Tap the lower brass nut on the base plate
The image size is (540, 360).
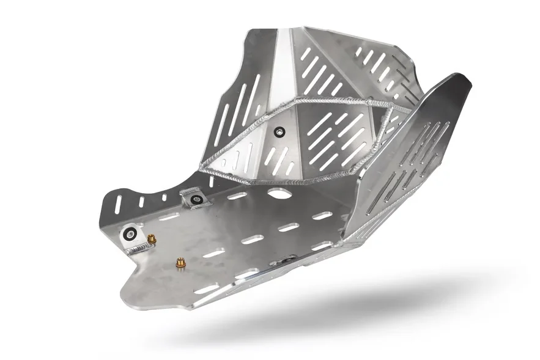pyautogui.click(x=180, y=263)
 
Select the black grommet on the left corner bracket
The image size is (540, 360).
pyautogui.click(x=130, y=233)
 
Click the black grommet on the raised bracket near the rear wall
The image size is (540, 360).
pyautogui.click(x=196, y=199)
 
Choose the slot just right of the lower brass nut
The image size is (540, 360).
pyautogui.click(x=213, y=253)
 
